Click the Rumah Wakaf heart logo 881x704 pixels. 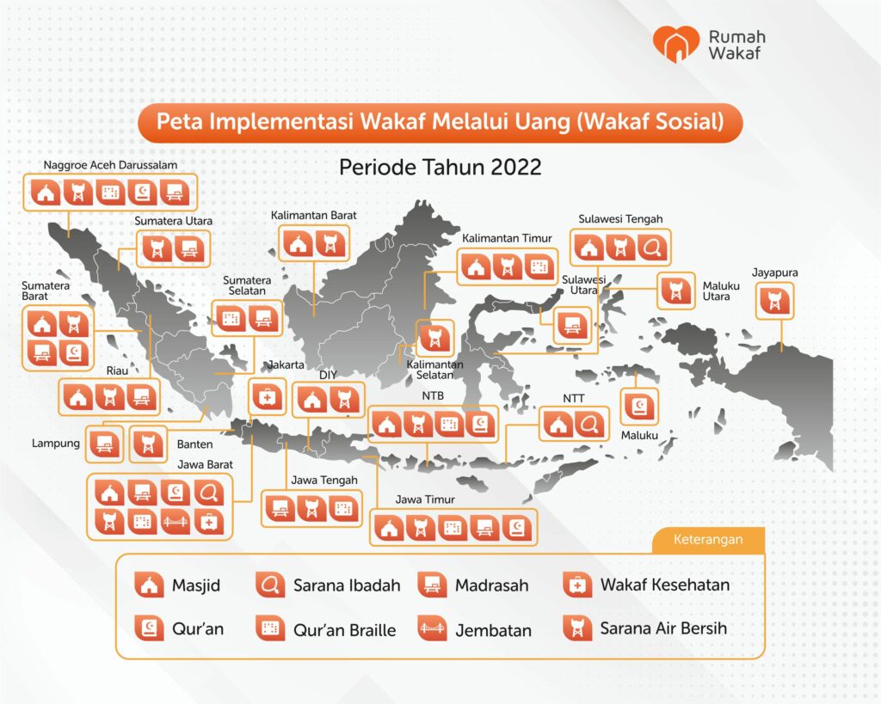(676, 44)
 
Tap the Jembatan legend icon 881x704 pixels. (432, 627)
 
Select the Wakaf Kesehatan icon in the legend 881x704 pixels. (576, 585)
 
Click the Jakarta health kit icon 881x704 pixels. (268, 397)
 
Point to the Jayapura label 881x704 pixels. (775, 272)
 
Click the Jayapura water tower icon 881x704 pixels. (775, 302)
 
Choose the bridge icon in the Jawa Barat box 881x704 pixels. (176, 522)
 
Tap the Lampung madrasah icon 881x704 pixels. (104, 444)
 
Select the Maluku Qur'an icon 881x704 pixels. (639, 407)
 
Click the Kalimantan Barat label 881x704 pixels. (313, 216)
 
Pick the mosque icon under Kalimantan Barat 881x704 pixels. (298, 244)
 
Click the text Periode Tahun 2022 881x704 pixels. (440, 167)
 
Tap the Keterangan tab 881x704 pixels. (708, 540)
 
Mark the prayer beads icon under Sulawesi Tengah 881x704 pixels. (653, 247)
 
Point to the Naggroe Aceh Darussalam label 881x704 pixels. (110, 165)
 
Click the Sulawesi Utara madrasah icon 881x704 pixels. (572, 325)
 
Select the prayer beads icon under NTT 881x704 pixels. (589, 425)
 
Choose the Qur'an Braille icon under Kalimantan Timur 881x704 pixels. (539, 266)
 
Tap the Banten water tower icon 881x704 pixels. (148, 444)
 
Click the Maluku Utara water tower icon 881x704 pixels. (676, 291)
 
